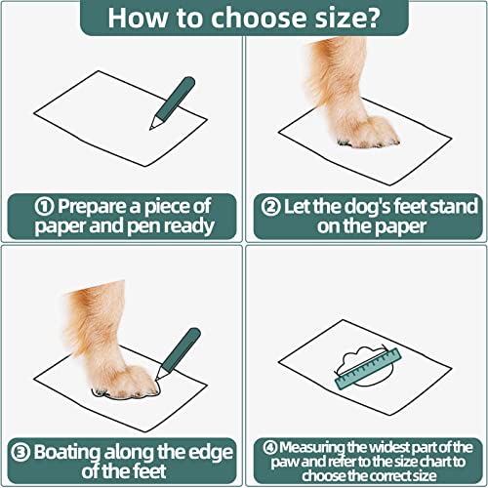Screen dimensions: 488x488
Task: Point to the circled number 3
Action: (x=21, y=452)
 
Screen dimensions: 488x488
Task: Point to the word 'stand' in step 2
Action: (x=451, y=206)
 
